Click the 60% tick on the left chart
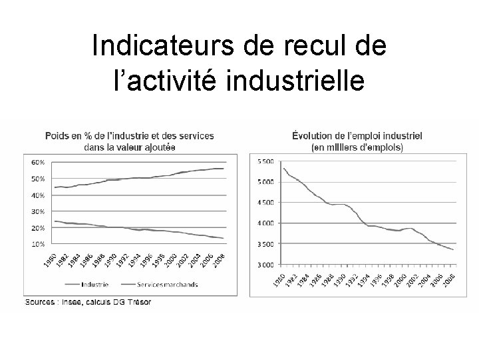click(37, 162)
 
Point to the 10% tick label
click(37, 244)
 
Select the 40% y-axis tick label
click(37, 195)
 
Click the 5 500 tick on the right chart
click(265, 161)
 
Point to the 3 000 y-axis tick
click(265, 265)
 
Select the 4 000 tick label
click(265, 223)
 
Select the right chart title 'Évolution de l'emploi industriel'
click(357, 136)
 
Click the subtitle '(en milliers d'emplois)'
click(357, 147)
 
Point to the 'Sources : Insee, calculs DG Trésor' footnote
click(88, 302)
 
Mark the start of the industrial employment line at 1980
click(284, 167)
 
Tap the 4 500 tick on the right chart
click(265, 203)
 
